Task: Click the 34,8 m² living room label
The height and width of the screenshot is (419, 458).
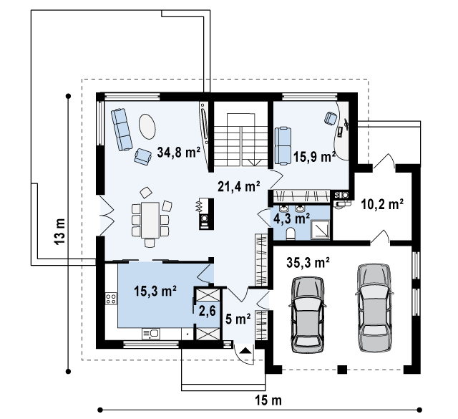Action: (178, 152)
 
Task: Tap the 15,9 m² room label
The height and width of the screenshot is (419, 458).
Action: (314, 157)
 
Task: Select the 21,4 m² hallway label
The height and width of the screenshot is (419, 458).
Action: (239, 186)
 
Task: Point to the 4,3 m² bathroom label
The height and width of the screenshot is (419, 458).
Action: (291, 218)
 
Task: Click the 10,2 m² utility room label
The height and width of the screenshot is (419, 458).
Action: (382, 204)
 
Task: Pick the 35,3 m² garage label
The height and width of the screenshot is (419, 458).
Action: (308, 262)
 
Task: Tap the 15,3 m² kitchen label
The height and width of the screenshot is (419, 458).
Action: (155, 291)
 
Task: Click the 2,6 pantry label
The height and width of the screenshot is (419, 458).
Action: (207, 311)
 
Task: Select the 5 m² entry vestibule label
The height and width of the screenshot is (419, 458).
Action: (238, 319)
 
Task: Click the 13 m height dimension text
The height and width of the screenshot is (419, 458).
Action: (59, 231)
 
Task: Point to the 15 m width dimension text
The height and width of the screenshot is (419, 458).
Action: (268, 400)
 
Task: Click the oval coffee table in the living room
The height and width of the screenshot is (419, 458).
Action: (147, 126)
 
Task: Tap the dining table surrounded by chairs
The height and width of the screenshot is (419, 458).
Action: (150, 220)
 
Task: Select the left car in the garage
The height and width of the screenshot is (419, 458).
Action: (308, 314)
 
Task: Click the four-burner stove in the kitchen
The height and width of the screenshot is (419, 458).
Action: (112, 298)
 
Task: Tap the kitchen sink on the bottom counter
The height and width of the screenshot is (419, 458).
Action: (151, 334)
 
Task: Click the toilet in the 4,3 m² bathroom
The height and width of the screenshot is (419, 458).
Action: (291, 234)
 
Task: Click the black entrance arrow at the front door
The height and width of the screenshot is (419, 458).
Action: (245, 350)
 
